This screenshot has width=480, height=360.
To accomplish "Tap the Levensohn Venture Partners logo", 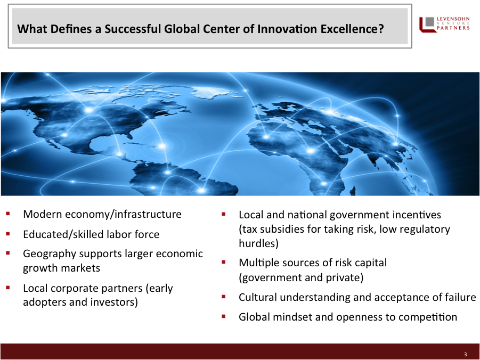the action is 444,24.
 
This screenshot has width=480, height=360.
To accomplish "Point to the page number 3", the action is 465,355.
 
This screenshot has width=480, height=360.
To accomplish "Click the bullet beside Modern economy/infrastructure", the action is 8,213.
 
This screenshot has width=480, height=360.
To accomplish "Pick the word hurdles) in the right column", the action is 259,243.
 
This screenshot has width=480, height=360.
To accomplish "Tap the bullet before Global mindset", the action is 223,316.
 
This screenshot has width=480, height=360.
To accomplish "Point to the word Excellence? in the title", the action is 352,29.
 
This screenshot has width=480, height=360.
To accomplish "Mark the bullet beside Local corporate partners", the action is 8,288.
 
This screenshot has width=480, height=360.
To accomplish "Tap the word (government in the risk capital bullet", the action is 270,277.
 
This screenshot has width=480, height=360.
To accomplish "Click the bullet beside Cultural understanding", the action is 223,296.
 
